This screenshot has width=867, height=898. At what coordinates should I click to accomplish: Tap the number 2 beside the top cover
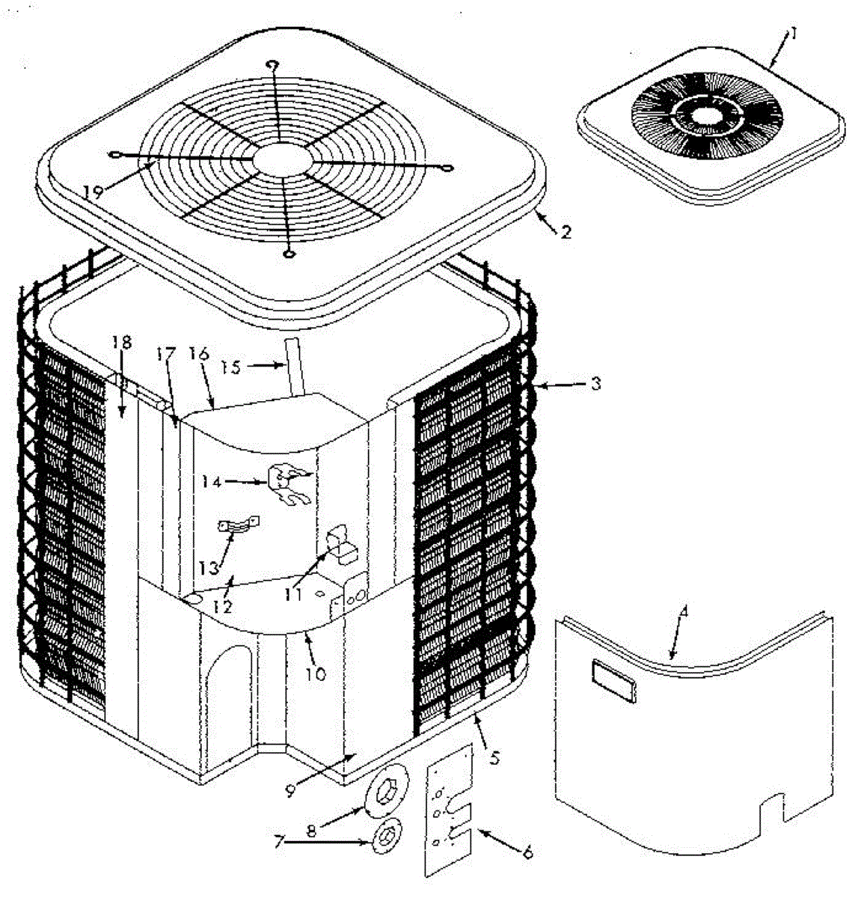566,231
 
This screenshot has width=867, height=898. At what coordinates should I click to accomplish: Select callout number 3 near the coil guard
596,384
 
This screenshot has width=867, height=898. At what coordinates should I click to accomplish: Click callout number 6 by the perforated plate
527,852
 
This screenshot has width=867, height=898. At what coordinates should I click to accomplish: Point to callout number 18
121,343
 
